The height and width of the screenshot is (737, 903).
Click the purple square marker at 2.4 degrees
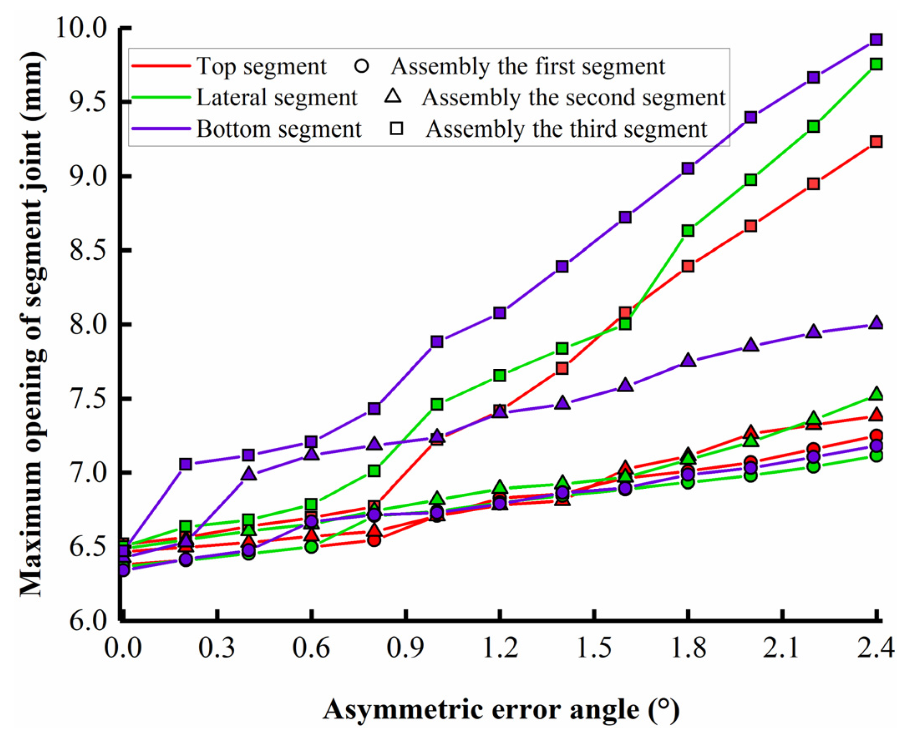pos(876,40)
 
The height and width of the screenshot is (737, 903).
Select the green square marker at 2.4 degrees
pos(876,65)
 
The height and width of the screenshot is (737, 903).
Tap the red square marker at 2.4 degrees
pos(876,142)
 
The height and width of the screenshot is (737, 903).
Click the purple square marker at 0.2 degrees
pos(185,464)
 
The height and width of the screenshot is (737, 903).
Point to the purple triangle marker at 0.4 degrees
pos(249,474)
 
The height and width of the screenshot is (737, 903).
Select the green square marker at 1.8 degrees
pos(688,231)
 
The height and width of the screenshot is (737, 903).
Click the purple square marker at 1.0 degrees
pos(437,342)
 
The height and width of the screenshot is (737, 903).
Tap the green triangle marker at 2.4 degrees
pos(876,394)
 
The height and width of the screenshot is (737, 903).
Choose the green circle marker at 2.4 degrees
pos(876,456)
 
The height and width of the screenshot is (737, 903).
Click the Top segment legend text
pos(261,67)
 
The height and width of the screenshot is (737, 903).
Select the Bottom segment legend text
pos(278,129)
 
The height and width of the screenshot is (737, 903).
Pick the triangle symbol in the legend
pos(393,96)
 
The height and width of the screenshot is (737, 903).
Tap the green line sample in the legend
pos(161,97)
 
